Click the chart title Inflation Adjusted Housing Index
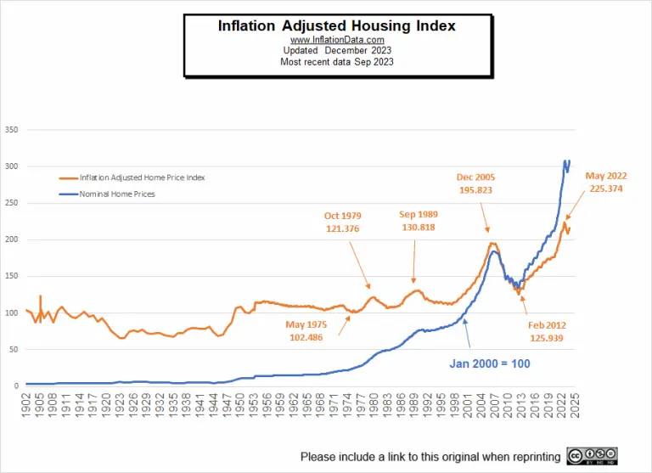[337, 26]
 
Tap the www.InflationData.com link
[337, 40]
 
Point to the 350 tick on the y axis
[11, 131]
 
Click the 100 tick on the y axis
[11, 313]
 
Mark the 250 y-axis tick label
[11, 204]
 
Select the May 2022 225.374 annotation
[604, 182]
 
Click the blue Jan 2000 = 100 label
[489, 363]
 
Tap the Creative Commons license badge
[592, 456]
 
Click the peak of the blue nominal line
[566, 160]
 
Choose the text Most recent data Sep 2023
[337, 62]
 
